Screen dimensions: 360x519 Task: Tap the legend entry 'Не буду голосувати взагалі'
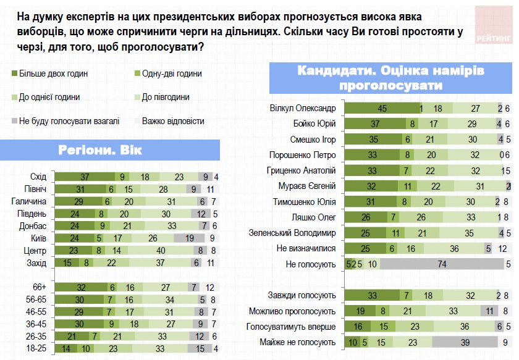65,121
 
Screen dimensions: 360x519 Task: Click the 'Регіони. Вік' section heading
111,151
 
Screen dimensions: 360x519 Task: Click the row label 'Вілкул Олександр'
310,108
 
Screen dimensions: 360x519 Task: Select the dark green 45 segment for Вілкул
381,108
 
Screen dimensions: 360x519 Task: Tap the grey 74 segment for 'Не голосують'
441,264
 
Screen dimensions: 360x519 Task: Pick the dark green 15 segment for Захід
68,262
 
